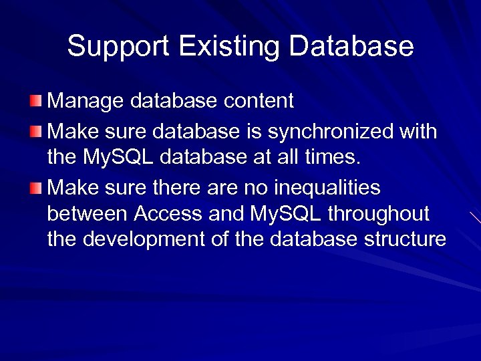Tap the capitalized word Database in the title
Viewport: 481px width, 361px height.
click(x=351, y=47)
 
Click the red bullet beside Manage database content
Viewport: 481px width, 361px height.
click(x=35, y=101)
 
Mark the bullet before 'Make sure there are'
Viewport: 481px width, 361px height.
click(x=35, y=188)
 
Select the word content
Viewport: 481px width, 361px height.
click(x=259, y=101)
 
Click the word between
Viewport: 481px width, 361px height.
click(x=88, y=214)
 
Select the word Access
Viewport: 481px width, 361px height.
click(x=168, y=214)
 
